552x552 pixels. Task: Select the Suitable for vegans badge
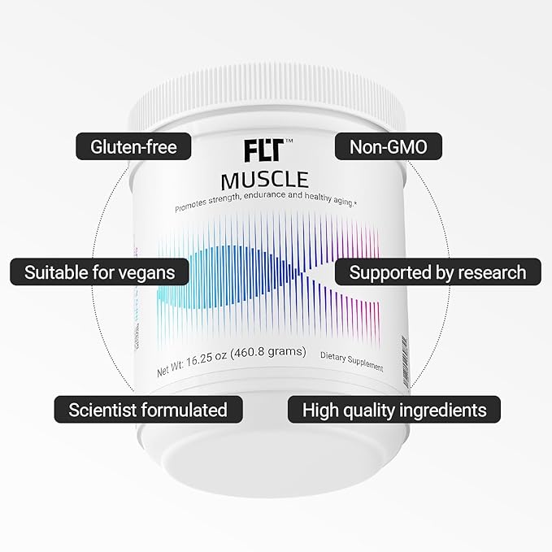[99, 272]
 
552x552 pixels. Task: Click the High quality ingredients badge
[394, 408]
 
